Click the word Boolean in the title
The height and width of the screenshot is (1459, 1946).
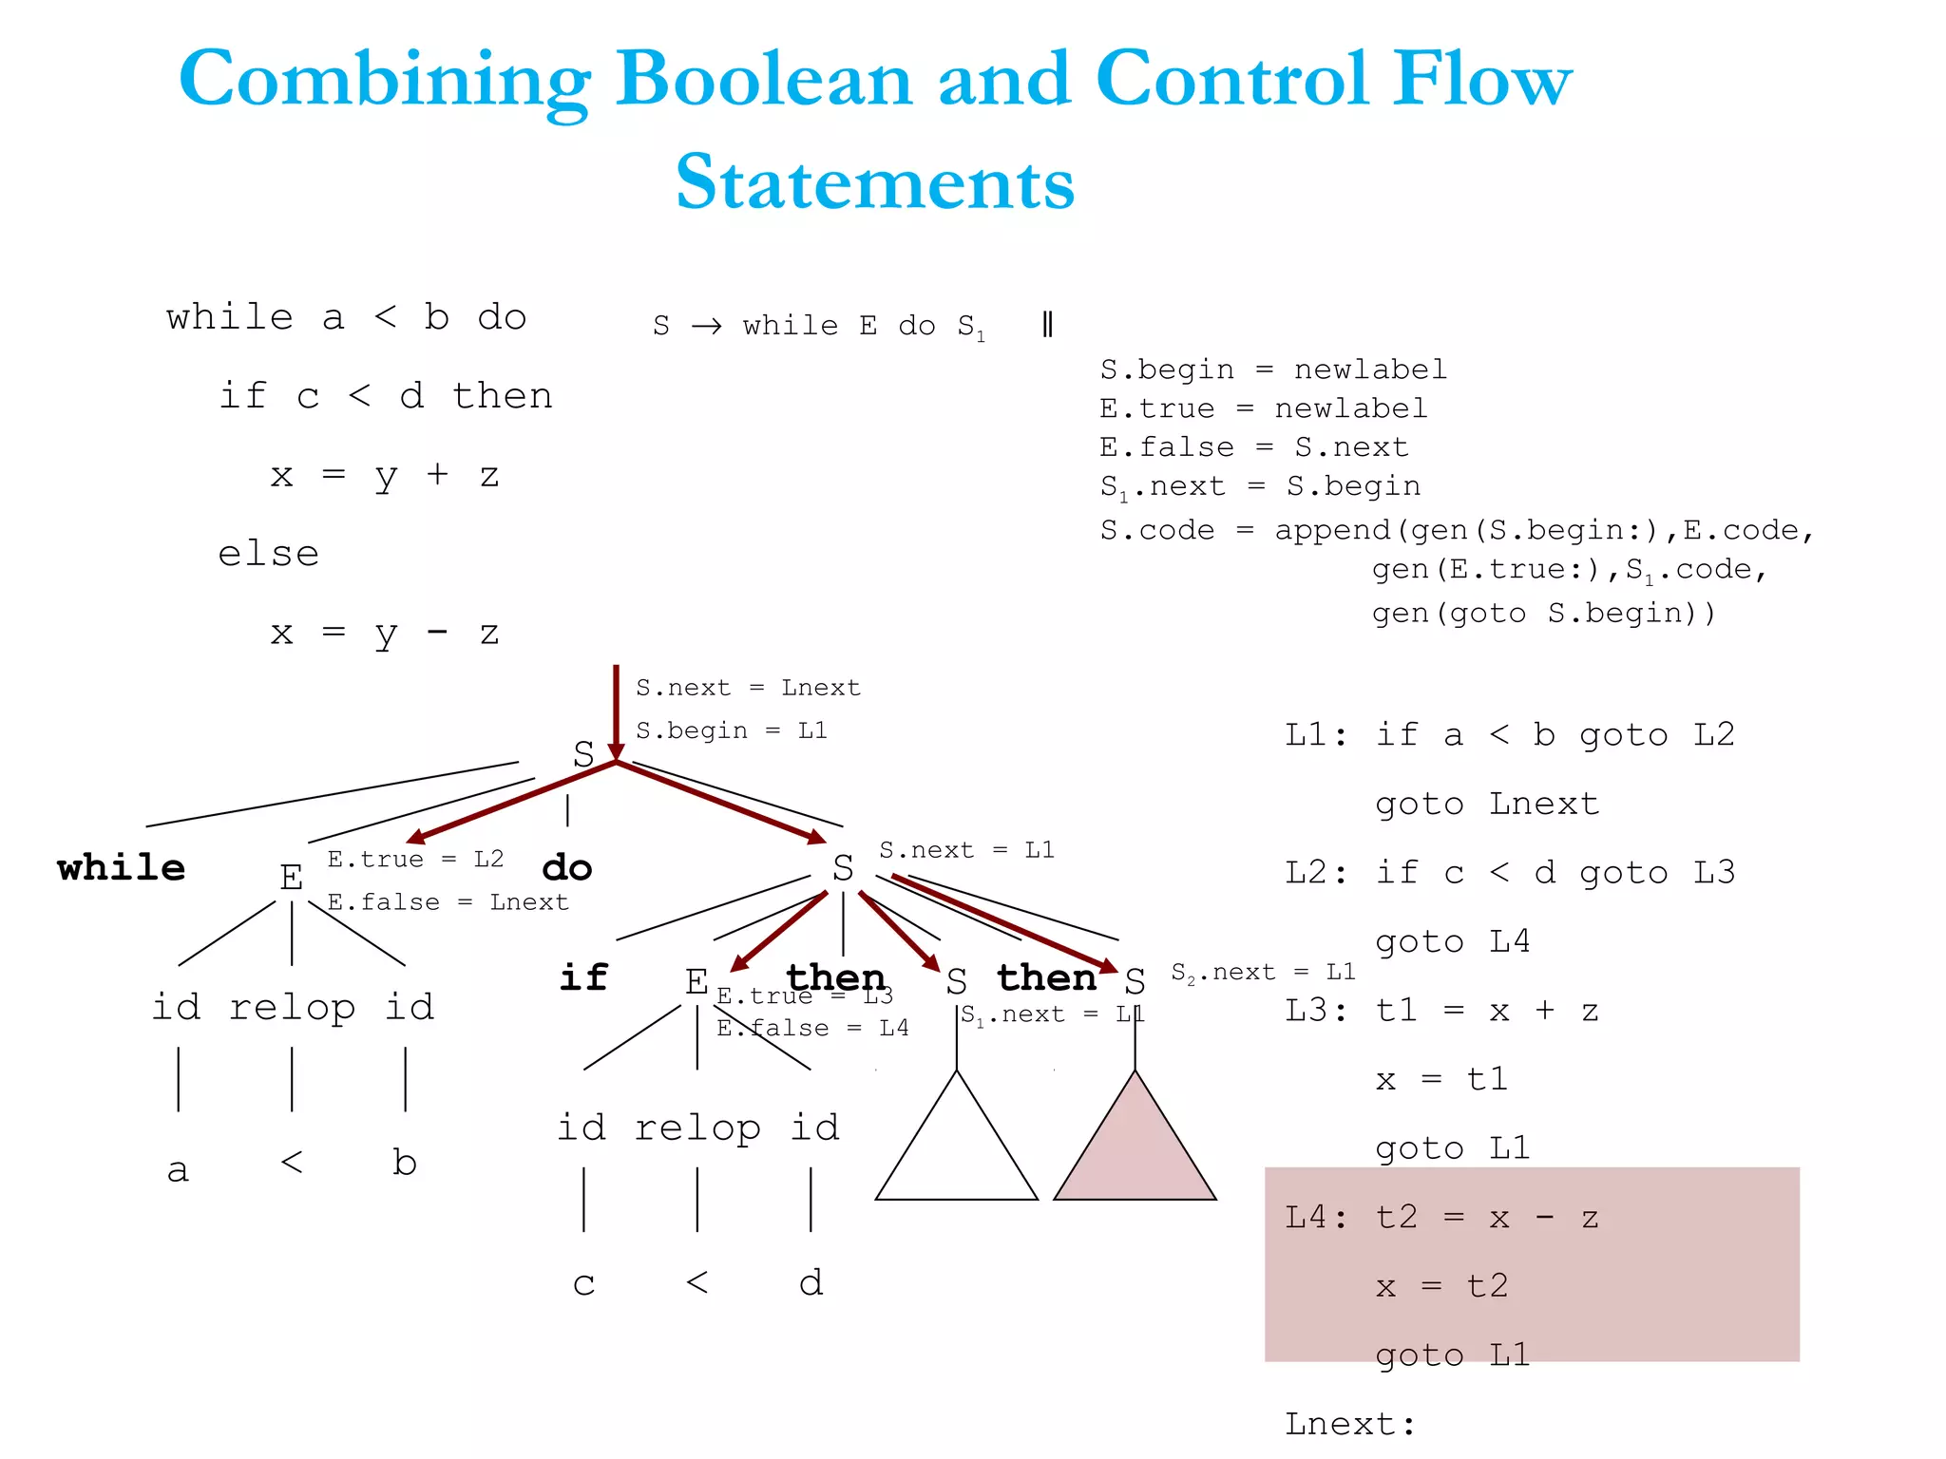click(764, 80)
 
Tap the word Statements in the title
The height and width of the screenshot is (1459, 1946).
click(874, 182)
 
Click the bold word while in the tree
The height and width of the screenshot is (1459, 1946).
click(121, 867)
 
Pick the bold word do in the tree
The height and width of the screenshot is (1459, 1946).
click(566, 867)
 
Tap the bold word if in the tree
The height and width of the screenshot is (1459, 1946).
click(582, 977)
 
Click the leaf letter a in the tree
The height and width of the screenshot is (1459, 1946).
click(178, 1169)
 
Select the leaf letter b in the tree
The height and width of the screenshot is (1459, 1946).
click(405, 1163)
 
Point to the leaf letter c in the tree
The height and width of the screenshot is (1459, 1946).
click(583, 1283)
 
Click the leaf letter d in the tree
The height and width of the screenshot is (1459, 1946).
click(811, 1283)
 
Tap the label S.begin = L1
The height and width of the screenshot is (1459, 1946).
click(731, 730)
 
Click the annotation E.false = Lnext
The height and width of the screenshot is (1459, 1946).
click(448, 902)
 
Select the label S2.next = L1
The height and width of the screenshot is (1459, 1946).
click(1263, 973)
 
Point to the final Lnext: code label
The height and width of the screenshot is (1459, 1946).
click(1349, 1424)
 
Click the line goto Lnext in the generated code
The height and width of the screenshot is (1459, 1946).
click(1487, 805)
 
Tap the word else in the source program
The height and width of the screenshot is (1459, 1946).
click(269, 554)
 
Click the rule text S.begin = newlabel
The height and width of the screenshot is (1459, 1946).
click(1273, 369)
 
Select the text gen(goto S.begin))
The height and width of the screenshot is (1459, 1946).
click(1544, 614)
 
